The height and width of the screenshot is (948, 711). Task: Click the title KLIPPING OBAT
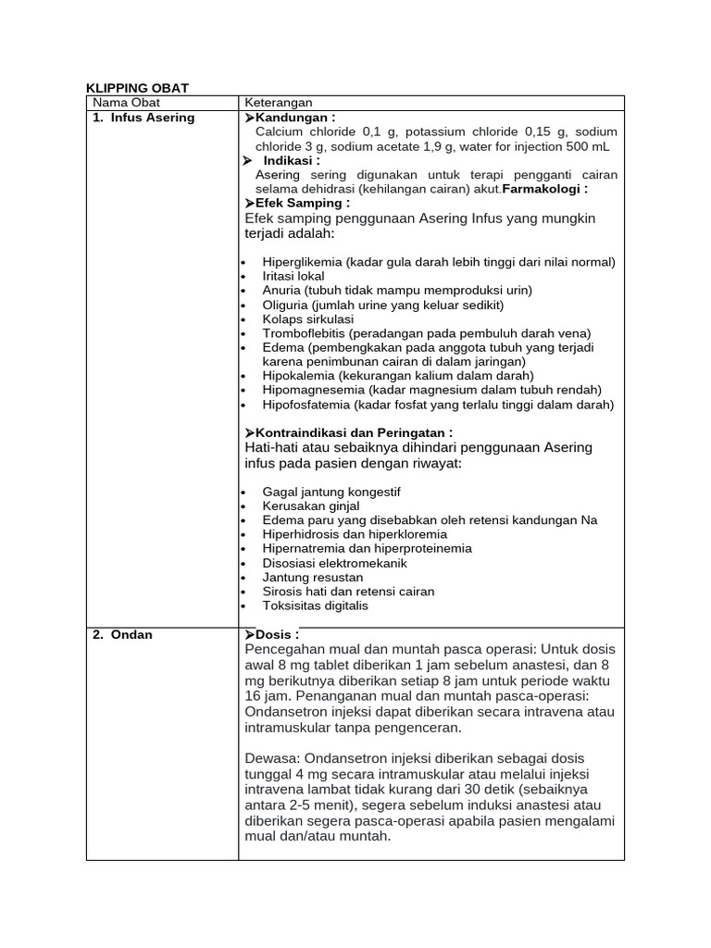(137, 88)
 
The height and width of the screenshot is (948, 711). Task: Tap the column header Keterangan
(278, 103)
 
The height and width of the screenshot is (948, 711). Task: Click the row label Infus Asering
(149, 118)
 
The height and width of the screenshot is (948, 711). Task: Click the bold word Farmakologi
(544, 189)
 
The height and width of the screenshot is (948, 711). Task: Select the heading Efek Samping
(302, 203)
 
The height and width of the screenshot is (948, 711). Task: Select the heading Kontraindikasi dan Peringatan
(353, 432)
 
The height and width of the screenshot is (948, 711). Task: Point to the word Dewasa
(271, 756)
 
